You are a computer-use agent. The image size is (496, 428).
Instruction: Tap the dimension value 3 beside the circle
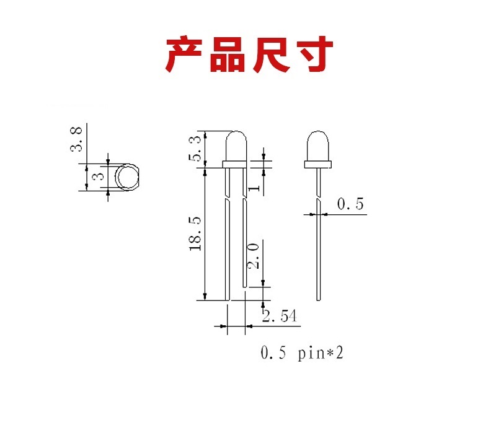pos(97,177)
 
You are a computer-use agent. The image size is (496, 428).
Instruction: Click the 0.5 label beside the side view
pos(350,203)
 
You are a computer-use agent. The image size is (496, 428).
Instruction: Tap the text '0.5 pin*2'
pos(302,354)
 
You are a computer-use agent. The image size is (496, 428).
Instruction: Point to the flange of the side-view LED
pos(317,164)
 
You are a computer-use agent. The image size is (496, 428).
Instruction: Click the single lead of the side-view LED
pos(319,248)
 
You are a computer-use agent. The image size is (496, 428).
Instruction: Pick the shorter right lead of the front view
pos(245,242)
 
